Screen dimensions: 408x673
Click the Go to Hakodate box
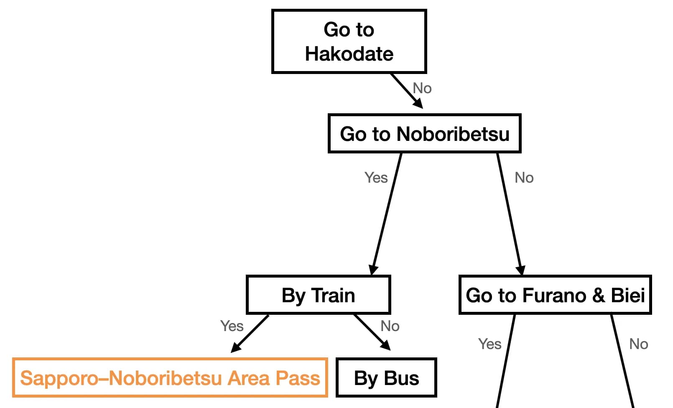349,41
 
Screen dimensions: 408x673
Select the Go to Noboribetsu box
424,134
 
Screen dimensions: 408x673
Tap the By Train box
319,295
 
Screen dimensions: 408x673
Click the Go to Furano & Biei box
555,295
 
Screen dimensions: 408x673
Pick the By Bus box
386,378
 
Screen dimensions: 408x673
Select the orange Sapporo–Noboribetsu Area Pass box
170,378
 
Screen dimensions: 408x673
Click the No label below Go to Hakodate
422,88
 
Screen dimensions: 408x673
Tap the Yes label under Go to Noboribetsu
376,178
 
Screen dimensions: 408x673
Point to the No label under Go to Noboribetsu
524,178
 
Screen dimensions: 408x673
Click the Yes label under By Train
232,326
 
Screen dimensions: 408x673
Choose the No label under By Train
390,326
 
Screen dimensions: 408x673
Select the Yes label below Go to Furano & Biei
489,344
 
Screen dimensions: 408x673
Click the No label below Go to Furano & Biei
638,344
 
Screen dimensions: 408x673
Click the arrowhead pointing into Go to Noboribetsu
418,104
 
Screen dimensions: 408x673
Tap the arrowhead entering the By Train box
373,270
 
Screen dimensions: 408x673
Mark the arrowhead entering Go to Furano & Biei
520,270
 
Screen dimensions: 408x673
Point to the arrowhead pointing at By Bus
385,345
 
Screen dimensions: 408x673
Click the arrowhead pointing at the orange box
236,347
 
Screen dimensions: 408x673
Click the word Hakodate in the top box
349,54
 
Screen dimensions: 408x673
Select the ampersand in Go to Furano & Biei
598,296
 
